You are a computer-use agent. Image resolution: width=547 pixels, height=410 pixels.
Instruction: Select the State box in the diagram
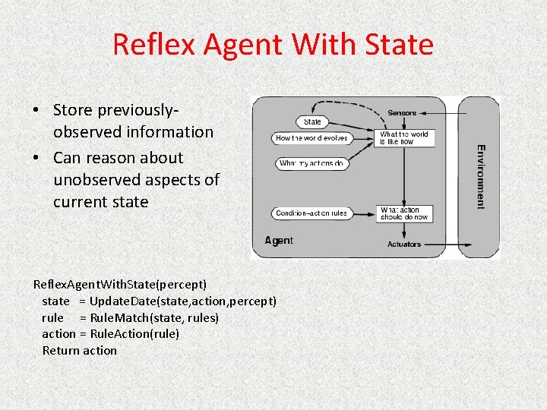tap(312, 121)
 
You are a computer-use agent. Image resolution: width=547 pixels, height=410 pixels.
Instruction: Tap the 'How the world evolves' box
tap(311, 138)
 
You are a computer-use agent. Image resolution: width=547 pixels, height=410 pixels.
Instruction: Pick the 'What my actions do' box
tap(311, 163)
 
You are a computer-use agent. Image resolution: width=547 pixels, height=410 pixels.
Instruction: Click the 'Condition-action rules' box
tap(311, 213)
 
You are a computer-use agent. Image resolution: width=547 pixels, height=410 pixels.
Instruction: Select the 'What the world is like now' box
tap(406, 138)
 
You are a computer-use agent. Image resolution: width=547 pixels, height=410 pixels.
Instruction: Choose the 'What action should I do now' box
tap(406, 213)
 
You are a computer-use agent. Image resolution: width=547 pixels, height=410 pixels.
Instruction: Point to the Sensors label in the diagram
tap(402, 113)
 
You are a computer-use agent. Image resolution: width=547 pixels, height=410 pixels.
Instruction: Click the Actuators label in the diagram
tap(403, 244)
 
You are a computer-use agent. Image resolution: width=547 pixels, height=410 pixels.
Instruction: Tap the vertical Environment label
tap(480, 176)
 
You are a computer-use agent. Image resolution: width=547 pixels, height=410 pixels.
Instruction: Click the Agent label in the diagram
tap(279, 241)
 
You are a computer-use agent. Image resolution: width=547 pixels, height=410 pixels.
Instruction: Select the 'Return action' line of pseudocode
tap(80, 350)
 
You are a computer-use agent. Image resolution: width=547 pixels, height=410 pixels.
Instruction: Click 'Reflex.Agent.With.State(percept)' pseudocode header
tap(120, 285)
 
